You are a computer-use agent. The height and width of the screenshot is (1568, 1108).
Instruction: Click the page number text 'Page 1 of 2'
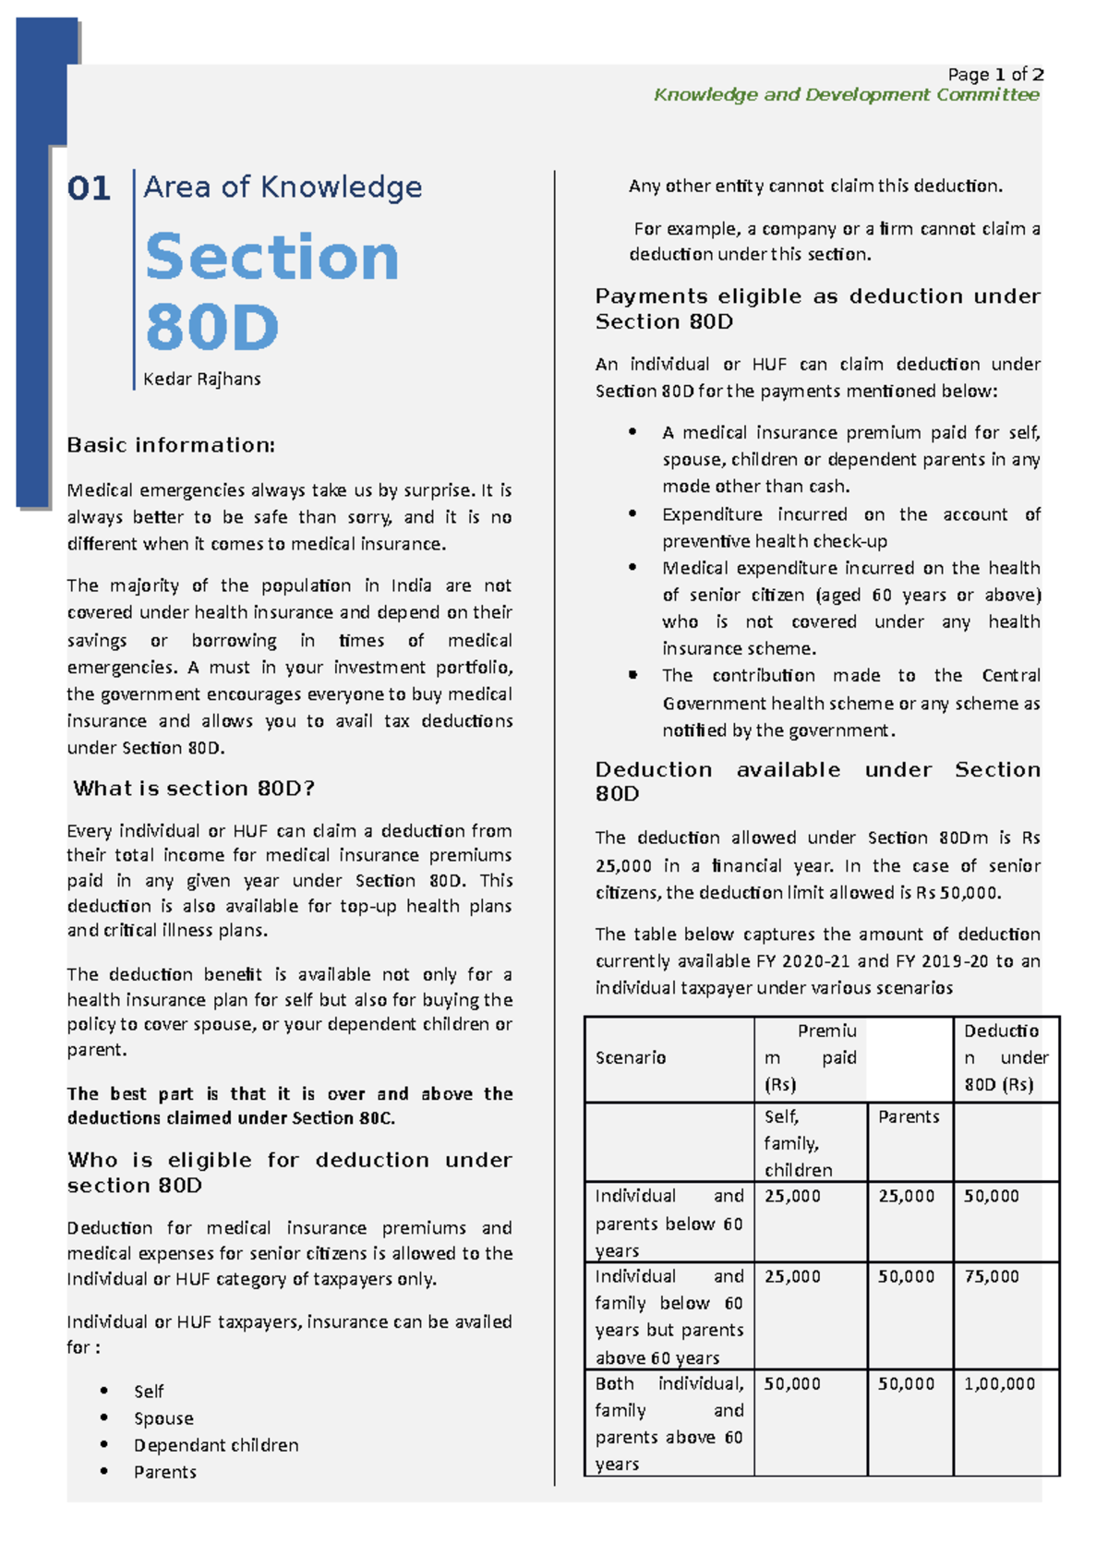(995, 75)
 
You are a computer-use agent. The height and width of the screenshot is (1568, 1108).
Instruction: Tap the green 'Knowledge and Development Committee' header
(846, 95)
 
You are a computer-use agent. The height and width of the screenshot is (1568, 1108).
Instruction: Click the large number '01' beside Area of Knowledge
(89, 189)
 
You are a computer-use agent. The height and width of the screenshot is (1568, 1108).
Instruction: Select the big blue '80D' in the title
(211, 328)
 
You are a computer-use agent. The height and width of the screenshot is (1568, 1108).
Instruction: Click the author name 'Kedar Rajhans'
(201, 380)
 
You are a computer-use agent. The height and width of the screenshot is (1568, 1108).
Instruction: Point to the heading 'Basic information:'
(171, 445)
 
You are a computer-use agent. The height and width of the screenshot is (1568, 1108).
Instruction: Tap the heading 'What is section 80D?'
(194, 789)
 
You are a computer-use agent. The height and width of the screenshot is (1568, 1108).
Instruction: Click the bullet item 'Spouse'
(163, 1418)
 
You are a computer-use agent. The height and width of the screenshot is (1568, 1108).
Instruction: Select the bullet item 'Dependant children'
(215, 1445)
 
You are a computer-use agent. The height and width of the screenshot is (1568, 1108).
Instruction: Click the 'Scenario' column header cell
(631, 1058)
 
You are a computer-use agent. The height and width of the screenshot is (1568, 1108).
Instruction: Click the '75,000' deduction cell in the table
(991, 1277)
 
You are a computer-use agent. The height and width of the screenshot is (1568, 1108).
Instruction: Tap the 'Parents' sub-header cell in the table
(909, 1117)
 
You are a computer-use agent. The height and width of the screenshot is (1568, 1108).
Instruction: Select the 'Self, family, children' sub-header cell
(799, 1143)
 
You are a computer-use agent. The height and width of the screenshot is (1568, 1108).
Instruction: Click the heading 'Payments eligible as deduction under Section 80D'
(817, 308)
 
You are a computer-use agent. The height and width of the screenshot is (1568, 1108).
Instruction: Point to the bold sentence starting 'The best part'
(289, 1105)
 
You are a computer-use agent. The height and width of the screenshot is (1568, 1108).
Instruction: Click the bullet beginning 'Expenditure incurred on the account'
(849, 527)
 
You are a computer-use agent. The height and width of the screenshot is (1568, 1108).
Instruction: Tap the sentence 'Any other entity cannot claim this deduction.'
(815, 187)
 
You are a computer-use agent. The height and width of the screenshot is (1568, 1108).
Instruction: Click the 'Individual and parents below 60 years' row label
(668, 1224)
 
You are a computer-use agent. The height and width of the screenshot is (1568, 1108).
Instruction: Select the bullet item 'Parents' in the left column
(164, 1472)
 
